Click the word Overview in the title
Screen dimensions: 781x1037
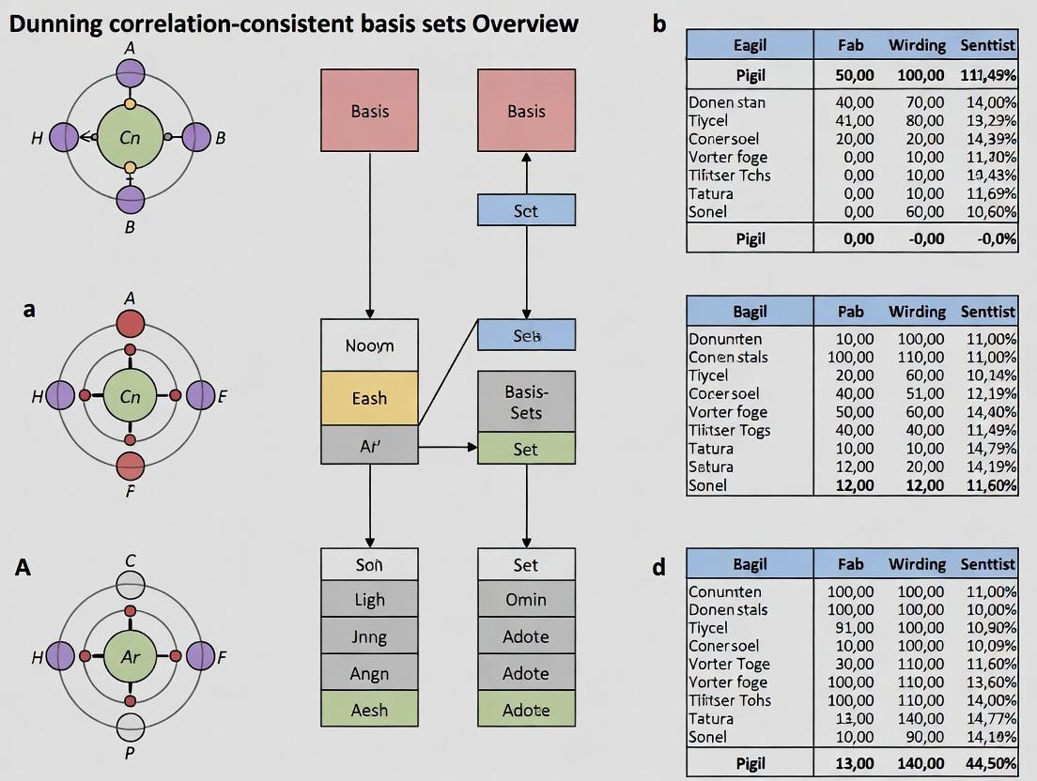click(x=525, y=23)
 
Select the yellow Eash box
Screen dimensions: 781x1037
click(x=369, y=398)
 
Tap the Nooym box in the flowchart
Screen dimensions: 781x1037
click(x=369, y=345)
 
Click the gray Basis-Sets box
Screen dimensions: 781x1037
click(x=526, y=402)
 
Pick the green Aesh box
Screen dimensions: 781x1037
click(x=369, y=711)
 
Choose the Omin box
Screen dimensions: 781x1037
click(x=526, y=600)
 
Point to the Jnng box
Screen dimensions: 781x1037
click(x=369, y=636)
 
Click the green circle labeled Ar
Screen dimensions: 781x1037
click(x=130, y=657)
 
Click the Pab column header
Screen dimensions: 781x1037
click(x=850, y=312)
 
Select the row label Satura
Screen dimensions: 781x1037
click(x=711, y=467)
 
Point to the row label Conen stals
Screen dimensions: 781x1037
click(x=728, y=357)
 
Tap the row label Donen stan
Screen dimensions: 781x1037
click(x=726, y=102)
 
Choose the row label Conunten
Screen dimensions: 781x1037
click(x=724, y=591)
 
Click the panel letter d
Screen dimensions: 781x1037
click(x=659, y=567)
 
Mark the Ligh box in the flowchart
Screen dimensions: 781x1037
click(x=369, y=600)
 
